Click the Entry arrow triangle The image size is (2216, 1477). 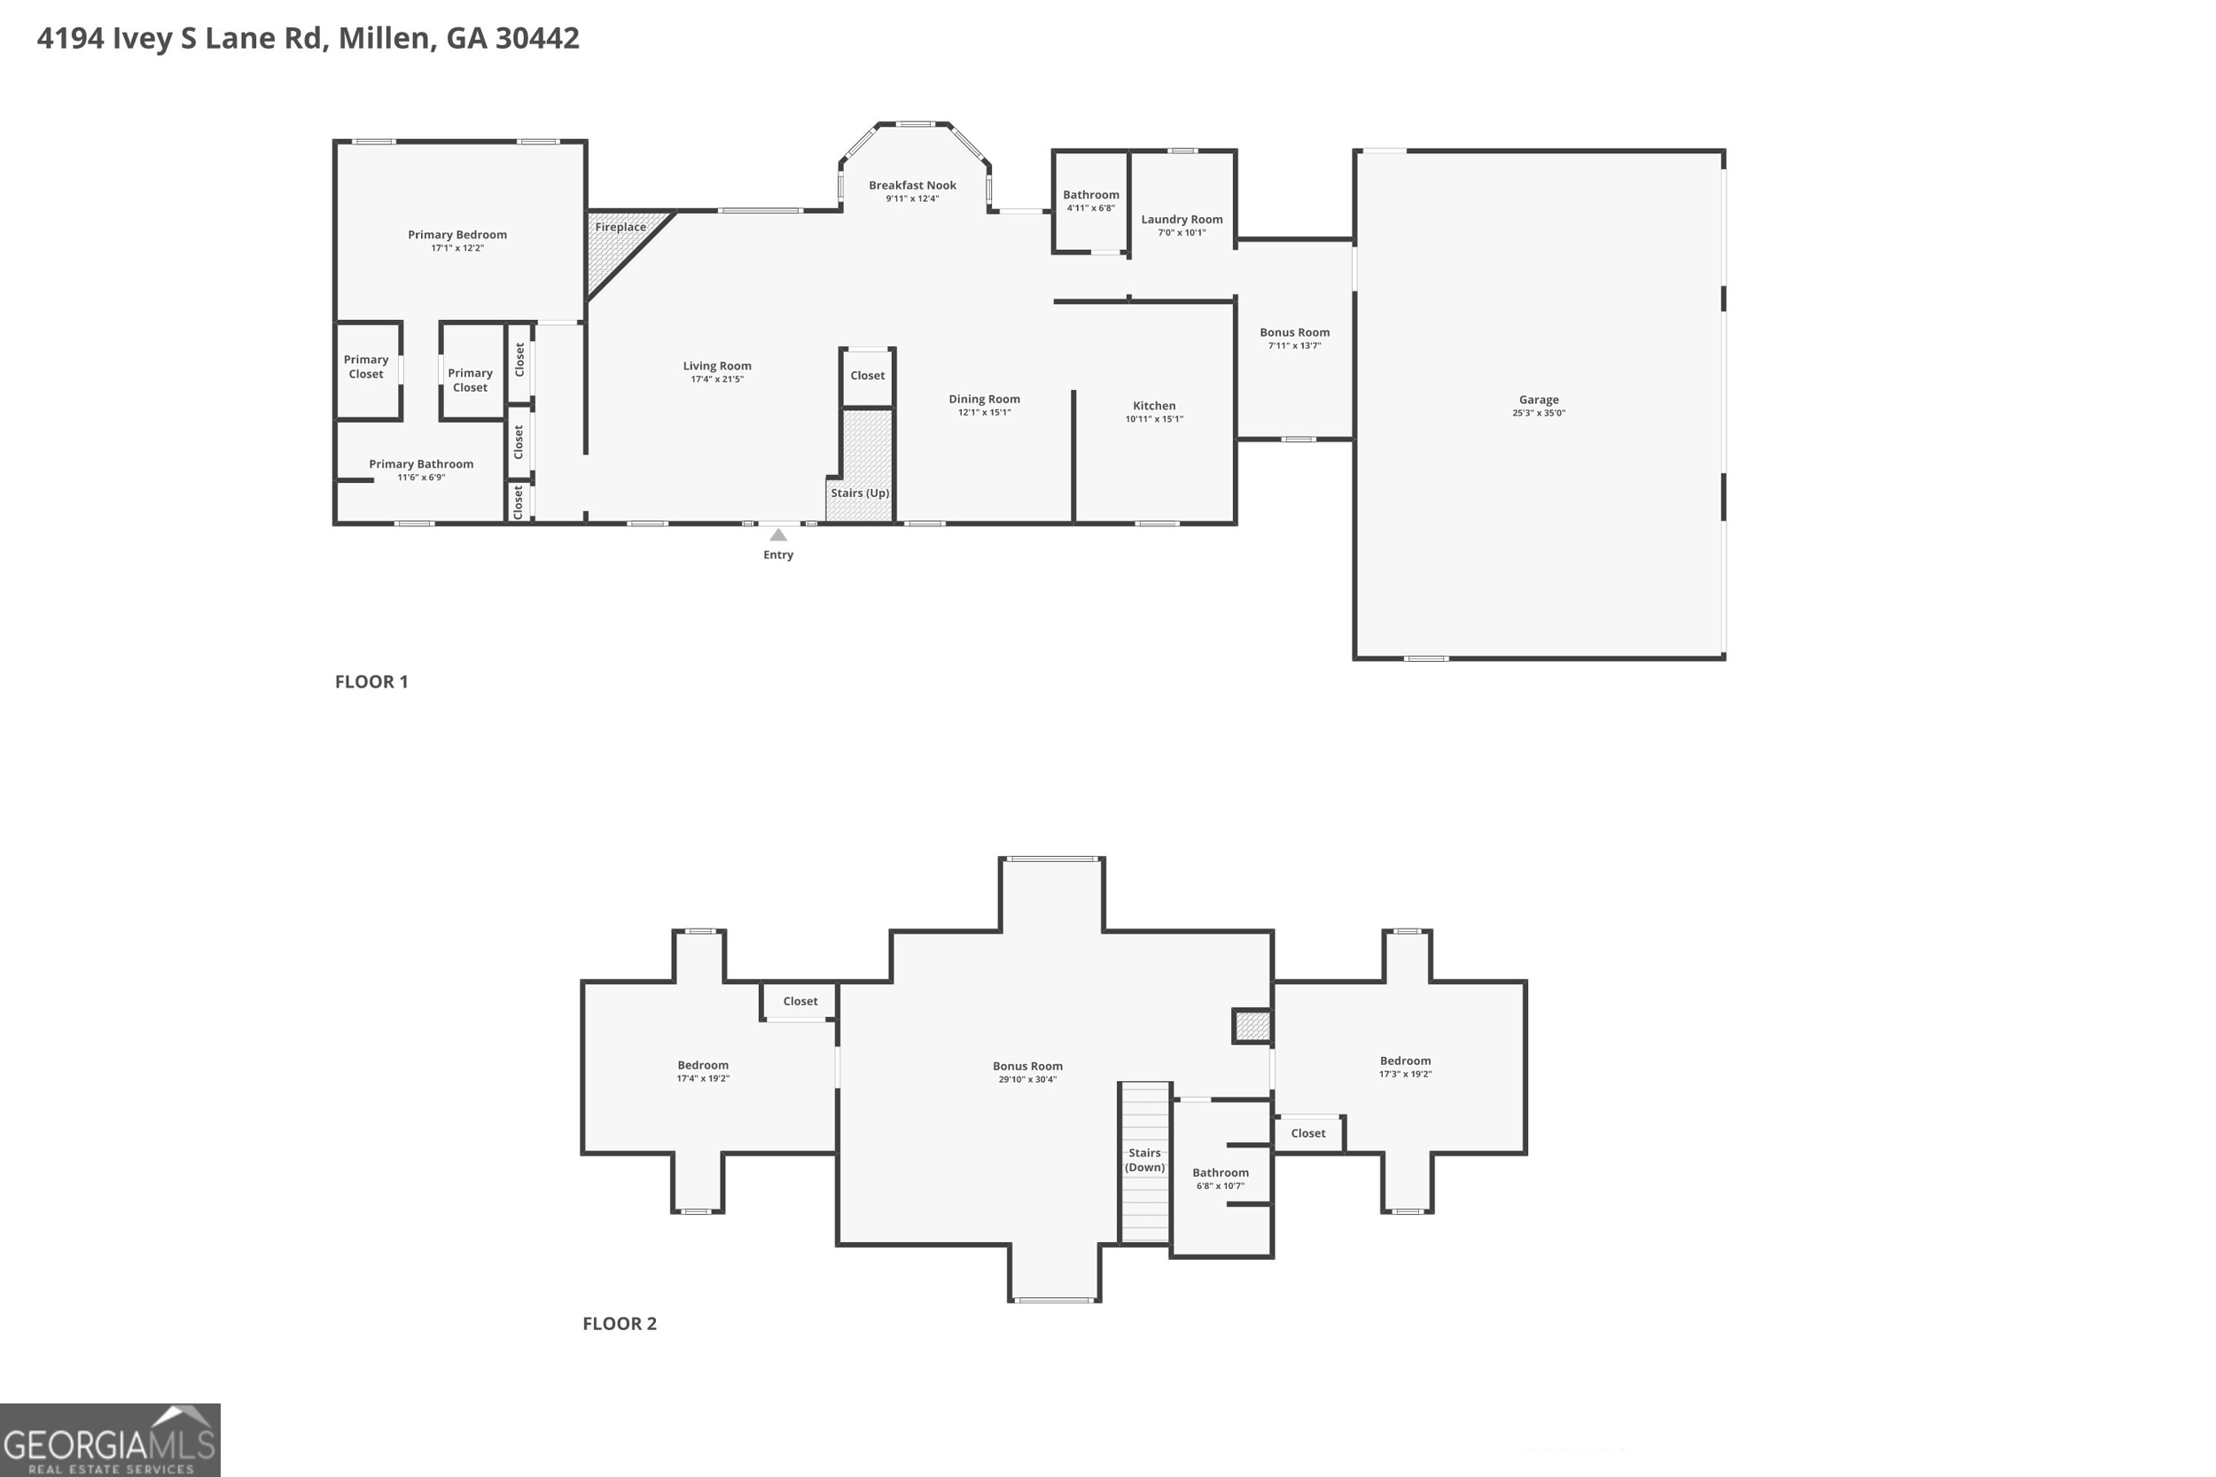tap(778, 535)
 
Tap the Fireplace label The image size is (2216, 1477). tap(620, 227)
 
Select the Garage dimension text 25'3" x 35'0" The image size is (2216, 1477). tap(1539, 414)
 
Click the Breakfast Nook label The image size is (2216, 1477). tap(912, 185)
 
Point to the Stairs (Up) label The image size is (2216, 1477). tap(859, 493)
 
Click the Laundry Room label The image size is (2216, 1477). tap(1182, 220)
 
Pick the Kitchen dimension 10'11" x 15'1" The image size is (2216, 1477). tap(1154, 419)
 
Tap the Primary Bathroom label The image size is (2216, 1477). tap(421, 464)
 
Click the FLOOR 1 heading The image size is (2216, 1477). tap(371, 682)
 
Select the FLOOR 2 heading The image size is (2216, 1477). tap(619, 1324)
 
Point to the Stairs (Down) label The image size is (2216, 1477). tap(1144, 1160)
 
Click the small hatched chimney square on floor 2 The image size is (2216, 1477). tap(1252, 1026)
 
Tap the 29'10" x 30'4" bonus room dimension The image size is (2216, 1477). tap(1027, 1079)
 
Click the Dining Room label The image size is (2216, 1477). tap(984, 400)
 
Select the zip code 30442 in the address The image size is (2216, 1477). tap(537, 39)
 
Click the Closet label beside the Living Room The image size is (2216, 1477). tap(867, 376)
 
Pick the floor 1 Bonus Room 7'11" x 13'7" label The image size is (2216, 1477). tap(1294, 339)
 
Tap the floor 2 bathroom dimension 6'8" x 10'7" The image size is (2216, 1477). tap(1220, 1185)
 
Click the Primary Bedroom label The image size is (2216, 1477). tap(457, 235)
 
